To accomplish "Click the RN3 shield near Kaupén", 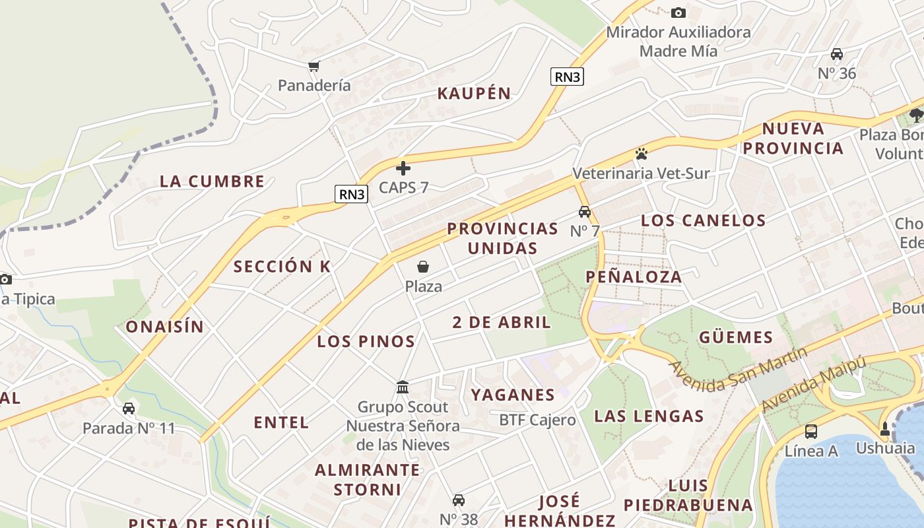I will pyautogui.click(x=567, y=77).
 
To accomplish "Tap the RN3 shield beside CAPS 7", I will pyautogui.click(x=352, y=194).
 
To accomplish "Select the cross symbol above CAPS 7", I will pyautogui.click(x=403, y=168).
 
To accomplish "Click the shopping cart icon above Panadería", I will pyautogui.click(x=314, y=66).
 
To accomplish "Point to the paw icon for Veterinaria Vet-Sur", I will pyautogui.click(x=641, y=154).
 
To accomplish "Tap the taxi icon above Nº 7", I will pyautogui.click(x=584, y=212).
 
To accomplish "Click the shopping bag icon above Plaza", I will pyautogui.click(x=423, y=267).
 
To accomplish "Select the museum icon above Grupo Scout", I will pyautogui.click(x=403, y=387).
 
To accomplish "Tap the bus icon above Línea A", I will pyautogui.click(x=811, y=432).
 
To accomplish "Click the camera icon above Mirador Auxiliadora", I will pyautogui.click(x=678, y=13).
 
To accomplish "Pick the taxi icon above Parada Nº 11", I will pyautogui.click(x=129, y=409).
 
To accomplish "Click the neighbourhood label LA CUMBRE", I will pyautogui.click(x=212, y=181).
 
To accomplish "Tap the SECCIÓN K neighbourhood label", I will pyautogui.click(x=282, y=267).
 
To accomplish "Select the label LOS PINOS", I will pyautogui.click(x=366, y=342).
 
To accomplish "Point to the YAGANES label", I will pyautogui.click(x=512, y=395).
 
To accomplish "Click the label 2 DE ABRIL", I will pyautogui.click(x=502, y=322).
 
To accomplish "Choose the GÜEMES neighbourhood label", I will pyautogui.click(x=736, y=338).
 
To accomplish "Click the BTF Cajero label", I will pyautogui.click(x=537, y=420).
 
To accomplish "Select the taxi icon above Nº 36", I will pyautogui.click(x=837, y=54).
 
